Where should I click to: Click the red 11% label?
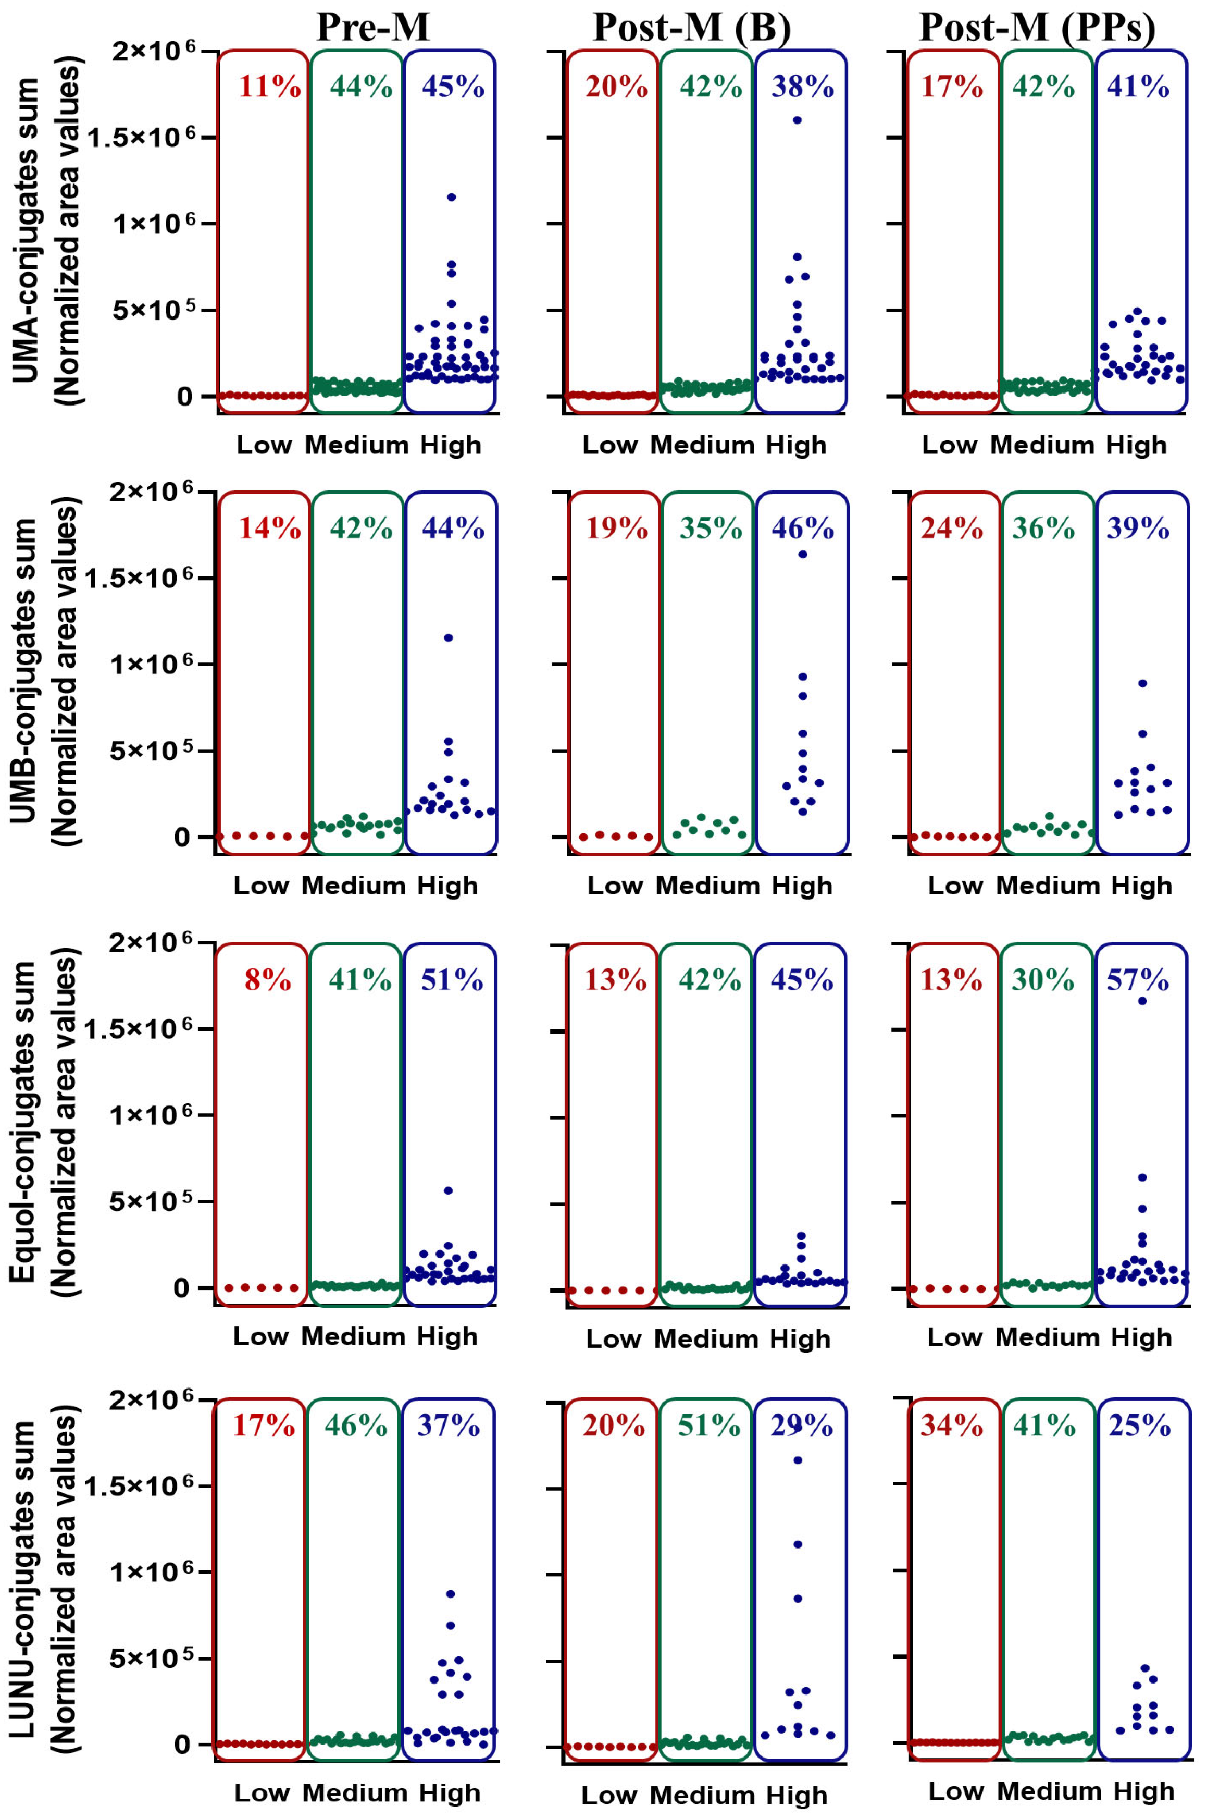click(x=269, y=88)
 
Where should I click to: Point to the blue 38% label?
click(x=803, y=88)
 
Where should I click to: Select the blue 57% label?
click(x=1138, y=980)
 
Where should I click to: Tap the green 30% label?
click(x=1043, y=980)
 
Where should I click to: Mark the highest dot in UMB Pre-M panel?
click(x=448, y=637)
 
